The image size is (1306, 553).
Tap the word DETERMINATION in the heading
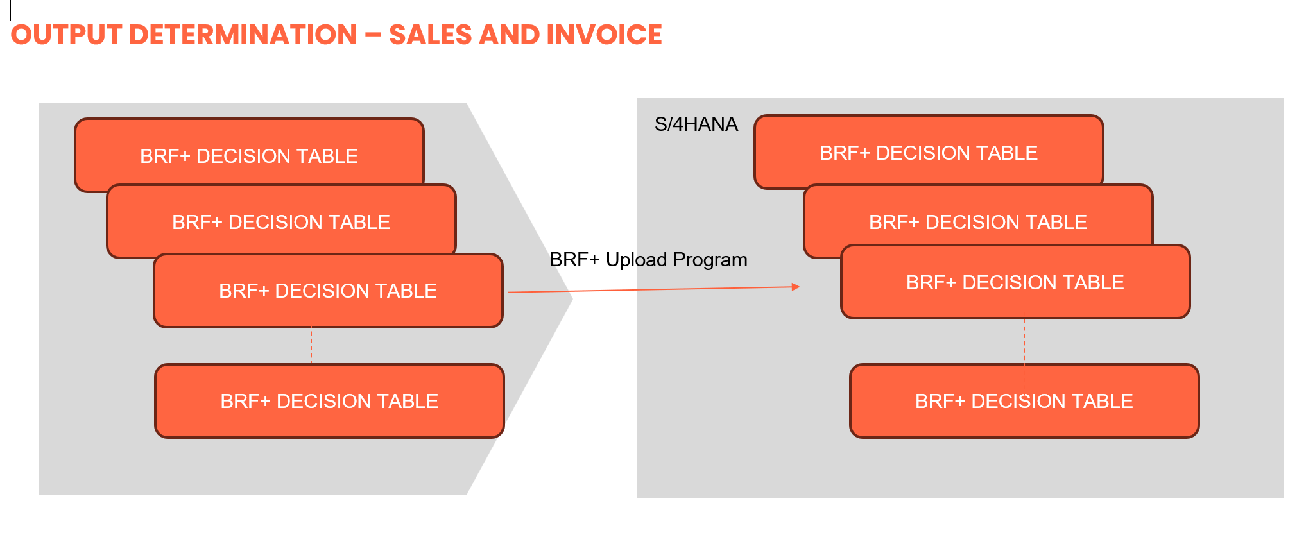[243, 35]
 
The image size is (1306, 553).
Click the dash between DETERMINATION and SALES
[373, 35]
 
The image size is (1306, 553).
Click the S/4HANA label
[696, 124]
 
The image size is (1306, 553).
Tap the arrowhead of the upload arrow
[796, 287]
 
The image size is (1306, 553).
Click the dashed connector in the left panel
[311, 345]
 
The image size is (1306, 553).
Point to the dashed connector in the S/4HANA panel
[1024, 341]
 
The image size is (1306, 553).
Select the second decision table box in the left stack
[281, 222]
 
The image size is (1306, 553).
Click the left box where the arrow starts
[328, 291]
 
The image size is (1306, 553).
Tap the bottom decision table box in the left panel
[329, 401]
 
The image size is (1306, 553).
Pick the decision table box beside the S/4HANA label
[928, 153]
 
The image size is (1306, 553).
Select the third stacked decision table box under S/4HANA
[1015, 282]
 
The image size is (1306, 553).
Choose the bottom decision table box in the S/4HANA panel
[1024, 401]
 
